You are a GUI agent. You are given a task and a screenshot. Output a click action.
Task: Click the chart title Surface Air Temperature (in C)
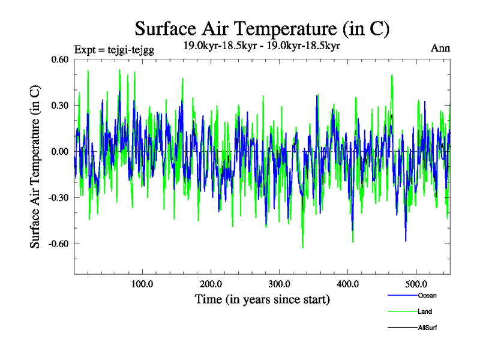(x=262, y=28)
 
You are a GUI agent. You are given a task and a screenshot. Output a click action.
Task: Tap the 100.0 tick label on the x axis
(x=142, y=283)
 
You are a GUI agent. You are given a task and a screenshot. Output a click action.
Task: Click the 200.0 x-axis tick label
(x=211, y=283)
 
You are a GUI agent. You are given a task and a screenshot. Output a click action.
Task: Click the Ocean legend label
(x=427, y=295)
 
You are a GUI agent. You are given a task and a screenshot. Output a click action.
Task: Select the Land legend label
(x=425, y=311)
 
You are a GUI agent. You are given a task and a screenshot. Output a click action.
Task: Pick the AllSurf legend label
(x=428, y=328)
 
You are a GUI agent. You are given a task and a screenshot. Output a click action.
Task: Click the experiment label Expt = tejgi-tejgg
(x=114, y=50)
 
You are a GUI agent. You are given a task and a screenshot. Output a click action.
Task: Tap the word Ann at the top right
(x=440, y=49)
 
